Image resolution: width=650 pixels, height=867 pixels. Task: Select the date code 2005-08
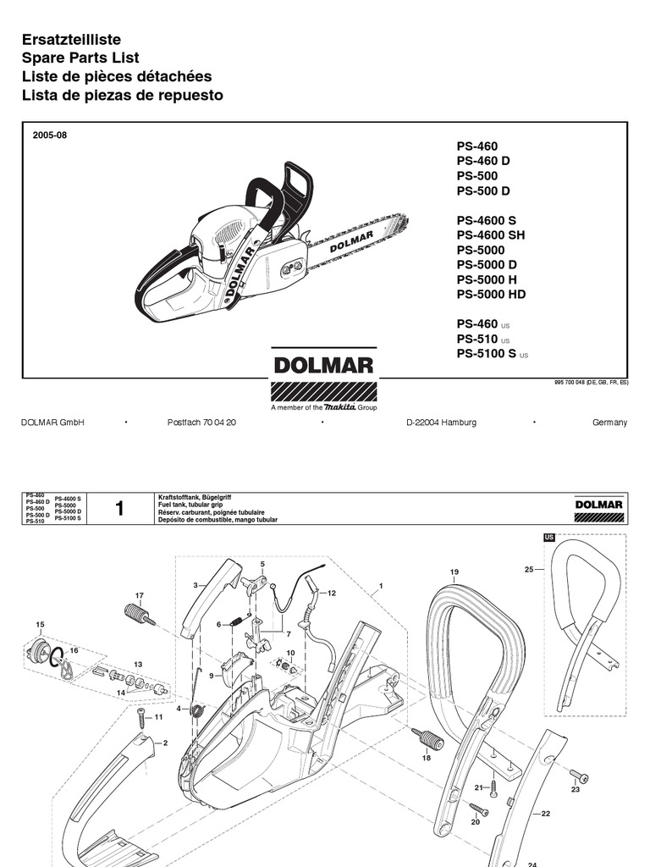pos(50,135)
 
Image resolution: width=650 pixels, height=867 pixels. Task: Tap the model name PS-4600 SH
pos(497,235)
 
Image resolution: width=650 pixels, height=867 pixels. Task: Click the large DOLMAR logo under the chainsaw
pos(322,366)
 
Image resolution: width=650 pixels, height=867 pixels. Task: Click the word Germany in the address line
pos(609,422)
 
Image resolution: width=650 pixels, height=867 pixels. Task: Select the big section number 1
pos(119,509)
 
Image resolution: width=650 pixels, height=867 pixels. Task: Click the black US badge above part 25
pos(548,538)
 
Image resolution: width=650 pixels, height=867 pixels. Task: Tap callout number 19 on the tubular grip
pos(454,573)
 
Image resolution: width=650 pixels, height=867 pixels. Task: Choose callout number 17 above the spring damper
pos(140,596)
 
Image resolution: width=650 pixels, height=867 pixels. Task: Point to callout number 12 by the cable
pos(332,593)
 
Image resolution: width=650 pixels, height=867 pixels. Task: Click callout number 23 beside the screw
pos(576,789)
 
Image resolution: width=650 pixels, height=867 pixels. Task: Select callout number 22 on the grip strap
pos(546,813)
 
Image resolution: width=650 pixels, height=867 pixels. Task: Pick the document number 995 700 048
pos(575,384)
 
